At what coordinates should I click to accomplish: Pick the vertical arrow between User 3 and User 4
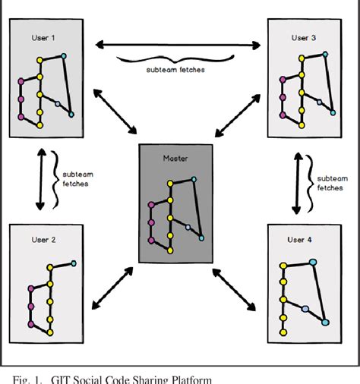[295, 181]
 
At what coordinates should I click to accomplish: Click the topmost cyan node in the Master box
[194, 179]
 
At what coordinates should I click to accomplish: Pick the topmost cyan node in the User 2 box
[74, 263]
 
